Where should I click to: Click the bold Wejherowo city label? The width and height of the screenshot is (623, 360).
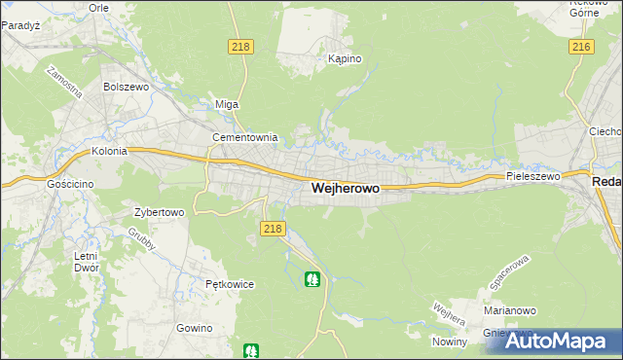click(345, 189)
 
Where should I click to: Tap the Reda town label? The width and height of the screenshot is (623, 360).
click(607, 182)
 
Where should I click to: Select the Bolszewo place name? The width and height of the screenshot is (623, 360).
click(124, 87)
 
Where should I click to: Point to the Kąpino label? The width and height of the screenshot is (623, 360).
click(345, 59)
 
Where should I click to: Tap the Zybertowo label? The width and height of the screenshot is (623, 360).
click(159, 211)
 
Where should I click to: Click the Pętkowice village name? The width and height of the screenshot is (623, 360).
click(230, 284)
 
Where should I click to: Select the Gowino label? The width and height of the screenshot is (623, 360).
click(195, 328)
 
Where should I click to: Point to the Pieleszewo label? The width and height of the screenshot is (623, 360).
click(533, 177)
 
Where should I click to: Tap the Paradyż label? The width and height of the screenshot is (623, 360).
click(19, 25)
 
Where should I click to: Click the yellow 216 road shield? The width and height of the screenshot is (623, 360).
click(582, 47)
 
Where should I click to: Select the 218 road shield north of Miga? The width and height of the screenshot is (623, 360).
click(241, 47)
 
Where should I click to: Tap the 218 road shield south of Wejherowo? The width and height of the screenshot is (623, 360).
click(273, 229)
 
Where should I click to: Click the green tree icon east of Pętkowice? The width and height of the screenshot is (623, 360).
click(312, 280)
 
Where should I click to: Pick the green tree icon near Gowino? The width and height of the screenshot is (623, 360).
click(251, 350)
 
